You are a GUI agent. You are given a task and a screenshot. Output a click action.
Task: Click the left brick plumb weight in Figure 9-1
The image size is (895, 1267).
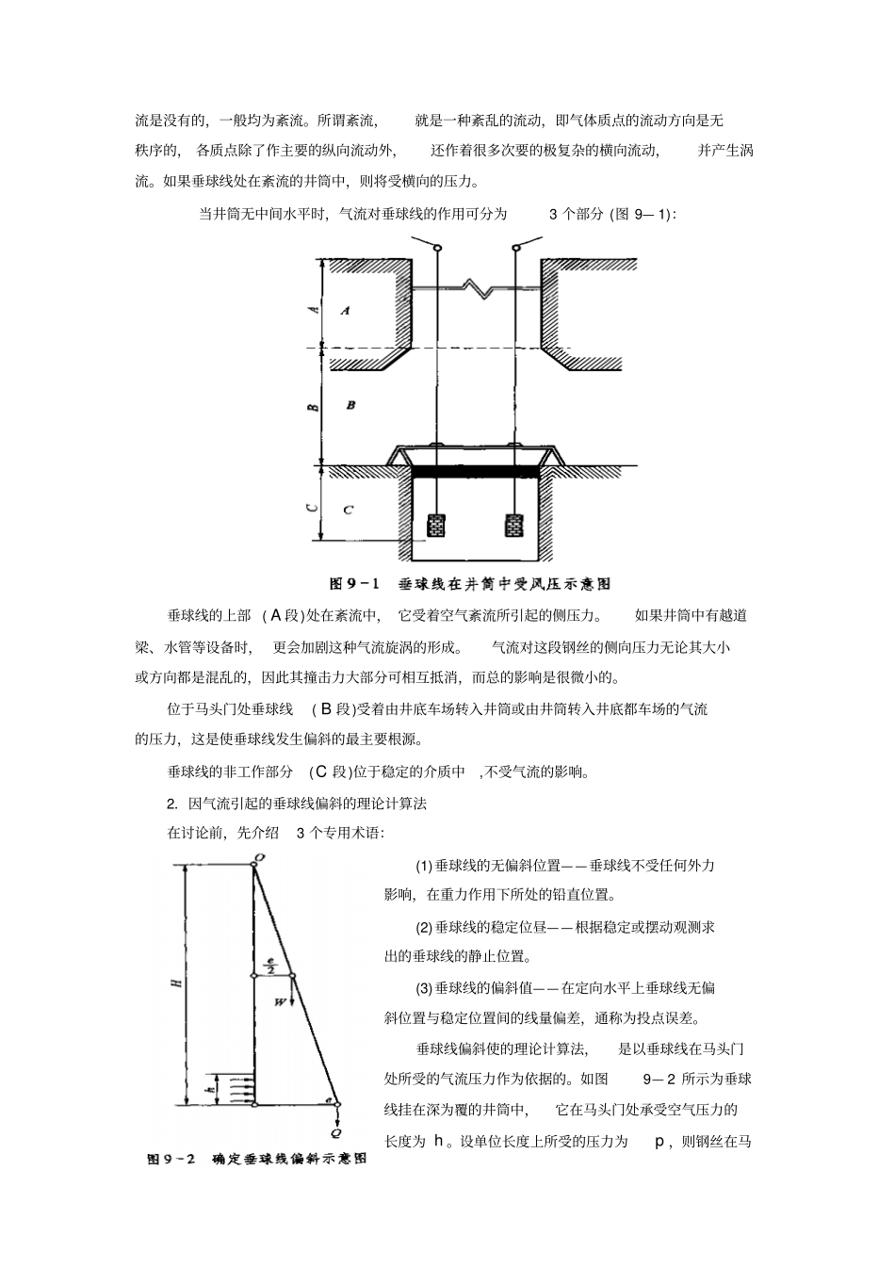[x=436, y=526]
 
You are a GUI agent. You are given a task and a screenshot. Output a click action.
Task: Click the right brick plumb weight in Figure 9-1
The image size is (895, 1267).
[x=513, y=526]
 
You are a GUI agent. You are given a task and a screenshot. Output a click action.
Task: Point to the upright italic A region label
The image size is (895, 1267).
[x=346, y=310]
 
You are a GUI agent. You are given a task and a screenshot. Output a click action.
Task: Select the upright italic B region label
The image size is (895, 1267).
[x=350, y=405]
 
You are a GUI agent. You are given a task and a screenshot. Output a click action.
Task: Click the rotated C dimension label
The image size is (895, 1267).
[x=315, y=509]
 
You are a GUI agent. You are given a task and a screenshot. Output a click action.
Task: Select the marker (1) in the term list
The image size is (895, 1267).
[x=424, y=866]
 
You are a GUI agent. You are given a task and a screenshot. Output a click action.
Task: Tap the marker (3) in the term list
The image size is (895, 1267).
[x=424, y=988]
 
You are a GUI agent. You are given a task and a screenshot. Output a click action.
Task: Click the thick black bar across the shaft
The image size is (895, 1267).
[x=476, y=468]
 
